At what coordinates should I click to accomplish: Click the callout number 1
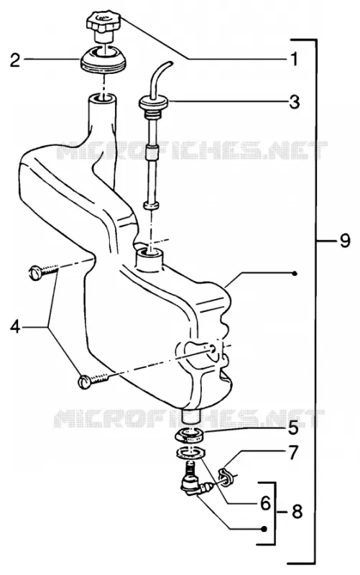tap(294, 59)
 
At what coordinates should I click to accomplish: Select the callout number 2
tap(15, 60)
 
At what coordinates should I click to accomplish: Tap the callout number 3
tap(294, 102)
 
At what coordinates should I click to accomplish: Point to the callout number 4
tap(15, 326)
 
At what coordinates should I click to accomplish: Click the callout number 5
tap(293, 428)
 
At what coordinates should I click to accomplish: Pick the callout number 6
tap(265, 503)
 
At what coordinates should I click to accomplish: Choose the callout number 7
tap(294, 453)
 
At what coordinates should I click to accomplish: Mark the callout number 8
tap(297, 511)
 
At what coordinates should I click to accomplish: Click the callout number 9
tap(345, 241)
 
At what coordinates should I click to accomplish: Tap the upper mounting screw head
tap(34, 274)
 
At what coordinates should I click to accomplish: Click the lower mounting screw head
tap(84, 382)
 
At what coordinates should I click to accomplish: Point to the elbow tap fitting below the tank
tap(195, 484)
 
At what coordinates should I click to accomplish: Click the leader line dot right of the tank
tap(295, 273)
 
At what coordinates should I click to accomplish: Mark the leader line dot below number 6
tap(264, 529)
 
